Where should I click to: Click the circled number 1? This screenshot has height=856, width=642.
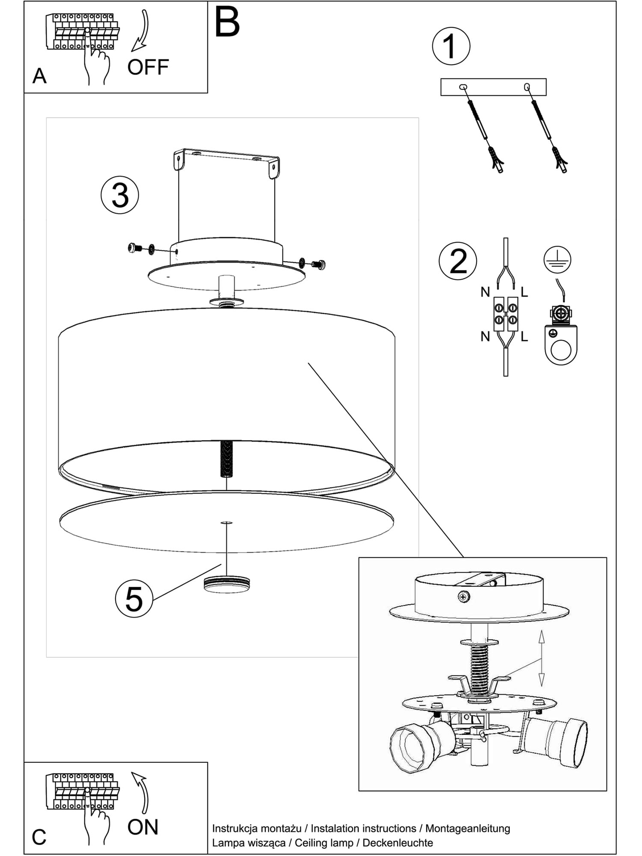click(x=451, y=46)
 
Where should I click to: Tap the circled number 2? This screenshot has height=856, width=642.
click(x=458, y=261)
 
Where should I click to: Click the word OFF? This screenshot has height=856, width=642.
click(x=148, y=67)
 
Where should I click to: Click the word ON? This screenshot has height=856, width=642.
click(x=143, y=827)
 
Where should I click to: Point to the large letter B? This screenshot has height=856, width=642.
click(x=227, y=23)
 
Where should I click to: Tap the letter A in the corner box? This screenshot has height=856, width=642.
click(x=39, y=76)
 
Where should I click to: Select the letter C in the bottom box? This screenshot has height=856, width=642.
click(x=39, y=837)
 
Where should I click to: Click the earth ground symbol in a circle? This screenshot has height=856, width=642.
click(x=557, y=259)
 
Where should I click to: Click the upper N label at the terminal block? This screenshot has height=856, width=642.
click(x=485, y=292)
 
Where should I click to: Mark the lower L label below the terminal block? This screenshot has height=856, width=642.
click(x=524, y=337)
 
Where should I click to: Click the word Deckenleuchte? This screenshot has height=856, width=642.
click(x=398, y=843)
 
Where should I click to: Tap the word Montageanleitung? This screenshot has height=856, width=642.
click(x=468, y=829)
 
